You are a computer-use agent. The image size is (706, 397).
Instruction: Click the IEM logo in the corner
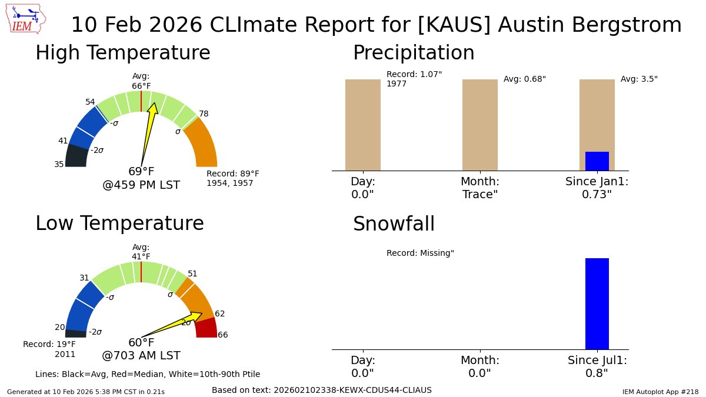[x=27, y=19]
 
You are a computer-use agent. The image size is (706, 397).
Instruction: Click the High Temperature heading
[x=122, y=54]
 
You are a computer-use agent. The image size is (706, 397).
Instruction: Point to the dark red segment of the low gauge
[x=207, y=328]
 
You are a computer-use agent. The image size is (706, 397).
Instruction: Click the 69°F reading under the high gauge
[x=141, y=172]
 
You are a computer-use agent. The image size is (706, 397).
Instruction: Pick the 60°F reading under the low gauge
[x=141, y=343]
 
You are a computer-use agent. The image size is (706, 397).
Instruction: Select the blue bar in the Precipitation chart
[x=597, y=161]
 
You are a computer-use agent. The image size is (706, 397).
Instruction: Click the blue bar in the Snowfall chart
[x=597, y=303]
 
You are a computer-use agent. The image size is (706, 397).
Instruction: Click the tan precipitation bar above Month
[x=479, y=125]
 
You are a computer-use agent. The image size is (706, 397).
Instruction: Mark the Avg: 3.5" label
[x=639, y=79]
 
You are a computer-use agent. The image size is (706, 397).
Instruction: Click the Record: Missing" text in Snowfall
[x=420, y=253]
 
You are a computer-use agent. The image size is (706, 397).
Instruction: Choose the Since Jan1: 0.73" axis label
[x=597, y=188]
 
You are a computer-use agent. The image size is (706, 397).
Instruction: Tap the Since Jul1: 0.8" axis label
[x=597, y=366]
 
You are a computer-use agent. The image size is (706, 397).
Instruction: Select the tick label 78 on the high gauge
[x=204, y=114]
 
